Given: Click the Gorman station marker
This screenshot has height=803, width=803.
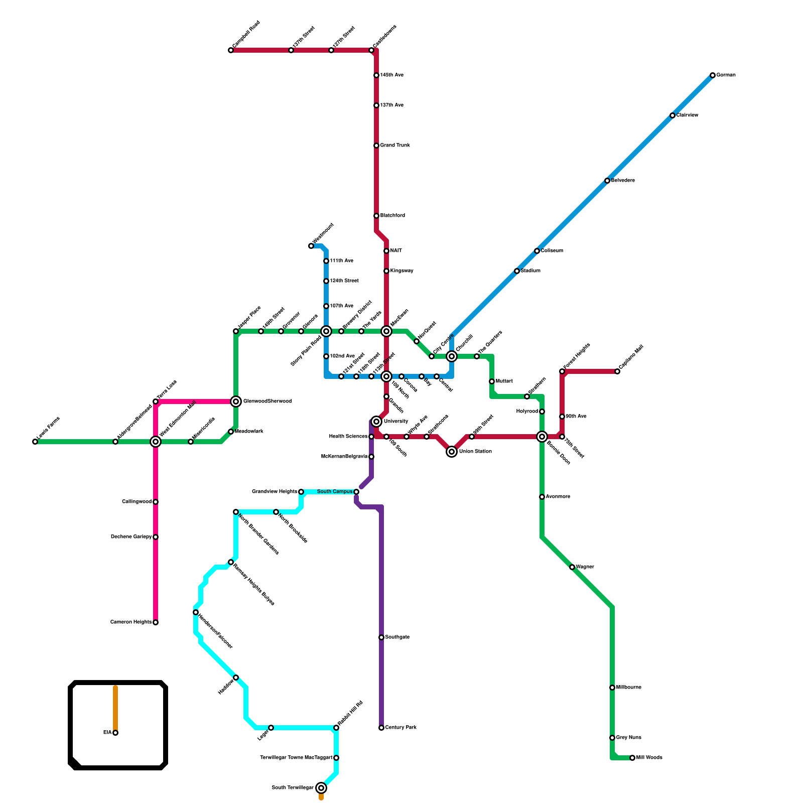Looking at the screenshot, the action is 713,75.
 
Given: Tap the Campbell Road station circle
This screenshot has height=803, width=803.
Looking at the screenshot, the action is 231,50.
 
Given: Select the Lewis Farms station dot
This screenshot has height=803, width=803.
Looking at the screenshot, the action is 35,442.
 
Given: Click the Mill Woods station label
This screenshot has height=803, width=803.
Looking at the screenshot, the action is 649,758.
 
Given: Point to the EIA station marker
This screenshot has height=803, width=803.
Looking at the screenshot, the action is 115,733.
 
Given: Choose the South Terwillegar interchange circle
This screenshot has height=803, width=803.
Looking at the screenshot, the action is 321,788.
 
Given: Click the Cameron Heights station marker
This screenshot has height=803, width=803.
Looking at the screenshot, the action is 156,622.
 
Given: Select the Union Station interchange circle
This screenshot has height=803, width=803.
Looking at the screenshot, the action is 452,452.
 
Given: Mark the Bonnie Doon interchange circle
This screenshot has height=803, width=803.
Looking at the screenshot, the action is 542,437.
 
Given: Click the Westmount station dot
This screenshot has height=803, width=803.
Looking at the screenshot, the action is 311,246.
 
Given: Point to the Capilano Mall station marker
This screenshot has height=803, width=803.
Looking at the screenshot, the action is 617,371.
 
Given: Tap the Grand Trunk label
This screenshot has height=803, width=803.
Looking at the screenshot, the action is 395,146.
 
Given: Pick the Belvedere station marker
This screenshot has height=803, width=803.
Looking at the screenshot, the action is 607,181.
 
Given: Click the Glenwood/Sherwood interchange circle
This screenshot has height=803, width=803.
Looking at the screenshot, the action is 236,401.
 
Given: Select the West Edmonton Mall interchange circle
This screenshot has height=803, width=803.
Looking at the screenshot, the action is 156,442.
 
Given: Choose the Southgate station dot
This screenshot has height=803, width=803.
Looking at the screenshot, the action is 381,637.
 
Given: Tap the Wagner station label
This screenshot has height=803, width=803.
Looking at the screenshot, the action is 585,567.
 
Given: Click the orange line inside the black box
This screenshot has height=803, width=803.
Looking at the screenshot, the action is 115,708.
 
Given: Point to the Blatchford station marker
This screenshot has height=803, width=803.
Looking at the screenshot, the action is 376,216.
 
